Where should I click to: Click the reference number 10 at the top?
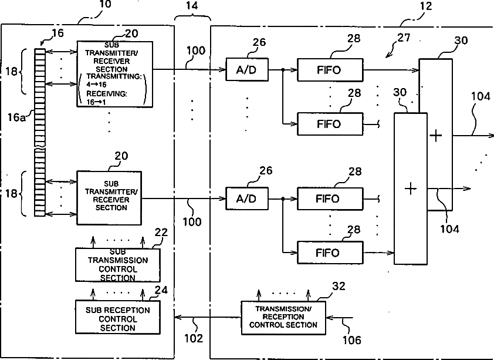tap(105, 5)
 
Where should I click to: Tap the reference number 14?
tap(192, 6)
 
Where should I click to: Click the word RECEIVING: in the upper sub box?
tap(107, 94)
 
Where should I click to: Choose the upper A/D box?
tap(247, 69)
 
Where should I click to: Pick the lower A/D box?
tap(247, 198)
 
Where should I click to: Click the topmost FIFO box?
tap(330, 70)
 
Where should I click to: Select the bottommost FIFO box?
tap(330, 253)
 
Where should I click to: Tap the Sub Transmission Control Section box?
tap(117, 265)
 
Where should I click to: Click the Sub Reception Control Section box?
tap(117, 317)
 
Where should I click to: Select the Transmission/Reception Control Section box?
tap(283, 318)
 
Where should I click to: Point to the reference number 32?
tap(339, 286)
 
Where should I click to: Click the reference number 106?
tap(351, 340)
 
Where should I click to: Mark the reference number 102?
tap(194, 338)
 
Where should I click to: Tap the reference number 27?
tap(404, 38)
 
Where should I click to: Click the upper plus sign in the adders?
tap(436, 136)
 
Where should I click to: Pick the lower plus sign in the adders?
tap(411, 189)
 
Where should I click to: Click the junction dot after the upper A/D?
tap(283, 70)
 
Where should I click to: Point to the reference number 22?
tap(161, 232)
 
